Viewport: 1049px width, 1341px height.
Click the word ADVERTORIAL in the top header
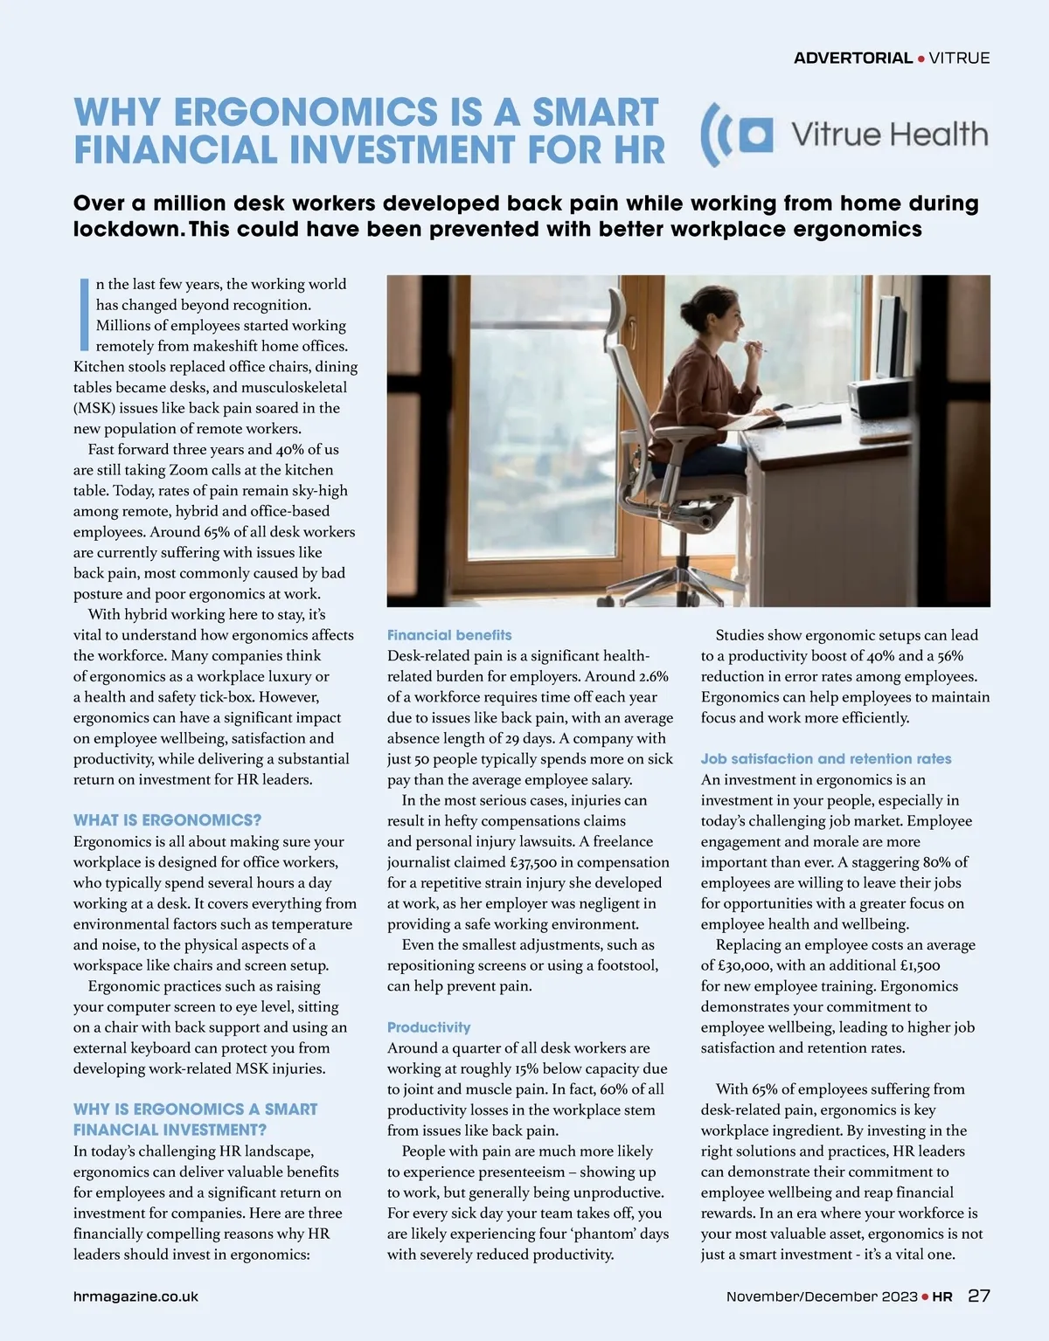tap(852, 59)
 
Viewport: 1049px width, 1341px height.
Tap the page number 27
tap(979, 1296)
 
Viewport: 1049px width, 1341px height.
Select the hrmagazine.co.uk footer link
tap(135, 1296)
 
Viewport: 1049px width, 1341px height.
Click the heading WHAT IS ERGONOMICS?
tap(167, 820)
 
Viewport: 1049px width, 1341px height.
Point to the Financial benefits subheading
tap(449, 635)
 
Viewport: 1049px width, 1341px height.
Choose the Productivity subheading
tap(428, 1027)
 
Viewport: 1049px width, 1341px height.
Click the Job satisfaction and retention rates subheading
tap(826, 759)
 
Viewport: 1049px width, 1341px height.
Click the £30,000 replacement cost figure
tap(741, 965)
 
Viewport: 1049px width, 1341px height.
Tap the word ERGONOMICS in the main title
tap(306, 113)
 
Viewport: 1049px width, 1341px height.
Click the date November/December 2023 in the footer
tap(822, 1296)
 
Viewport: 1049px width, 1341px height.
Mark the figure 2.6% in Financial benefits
tap(653, 676)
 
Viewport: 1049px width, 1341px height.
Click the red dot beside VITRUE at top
tap(921, 59)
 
